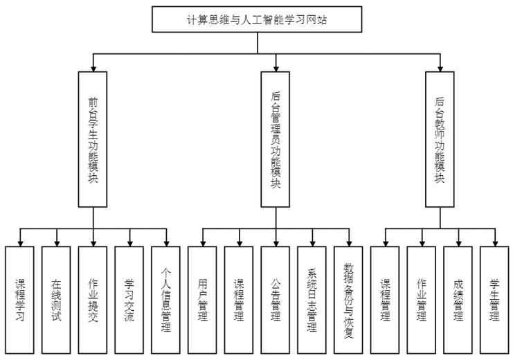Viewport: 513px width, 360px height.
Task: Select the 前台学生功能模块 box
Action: pyautogui.click(x=93, y=138)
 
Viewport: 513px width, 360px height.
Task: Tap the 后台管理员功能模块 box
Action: pyautogui.click(x=276, y=138)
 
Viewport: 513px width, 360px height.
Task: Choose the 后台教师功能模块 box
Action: pyautogui.click(x=439, y=138)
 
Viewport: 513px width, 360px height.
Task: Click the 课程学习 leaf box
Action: pyautogui.click(x=19, y=300)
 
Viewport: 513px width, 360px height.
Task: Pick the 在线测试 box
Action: pyautogui.click(x=56, y=300)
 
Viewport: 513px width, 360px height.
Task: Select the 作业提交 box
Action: pyautogui.click(x=93, y=300)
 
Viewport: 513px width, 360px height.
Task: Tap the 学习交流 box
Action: pyautogui.click(x=129, y=300)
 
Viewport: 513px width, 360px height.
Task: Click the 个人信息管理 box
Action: pyautogui.click(x=165, y=300)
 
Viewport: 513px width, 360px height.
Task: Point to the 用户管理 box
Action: pyautogui.click(x=202, y=300)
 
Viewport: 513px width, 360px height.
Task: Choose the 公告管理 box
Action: pyautogui.click(x=276, y=300)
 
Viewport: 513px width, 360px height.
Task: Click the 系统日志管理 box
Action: pyautogui.click(x=312, y=300)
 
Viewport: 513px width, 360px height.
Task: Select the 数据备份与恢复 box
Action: pyautogui.click(x=348, y=300)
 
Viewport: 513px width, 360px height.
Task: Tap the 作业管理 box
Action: pyautogui.click(x=422, y=300)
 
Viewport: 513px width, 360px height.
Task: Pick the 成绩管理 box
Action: pyautogui.click(x=458, y=300)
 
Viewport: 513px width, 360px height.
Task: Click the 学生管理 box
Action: pyautogui.click(x=494, y=300)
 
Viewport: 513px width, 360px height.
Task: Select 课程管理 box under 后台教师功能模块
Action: pyautogui.click(x=385, y=300)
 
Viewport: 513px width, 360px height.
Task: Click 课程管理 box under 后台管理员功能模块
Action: pyautogui.click(x=239, y=300)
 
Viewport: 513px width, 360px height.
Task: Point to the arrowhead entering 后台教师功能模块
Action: pyautogui.click(x=439, y=67)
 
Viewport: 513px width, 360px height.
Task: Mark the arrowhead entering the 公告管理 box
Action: pyautogui.click(x=276, y=242)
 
